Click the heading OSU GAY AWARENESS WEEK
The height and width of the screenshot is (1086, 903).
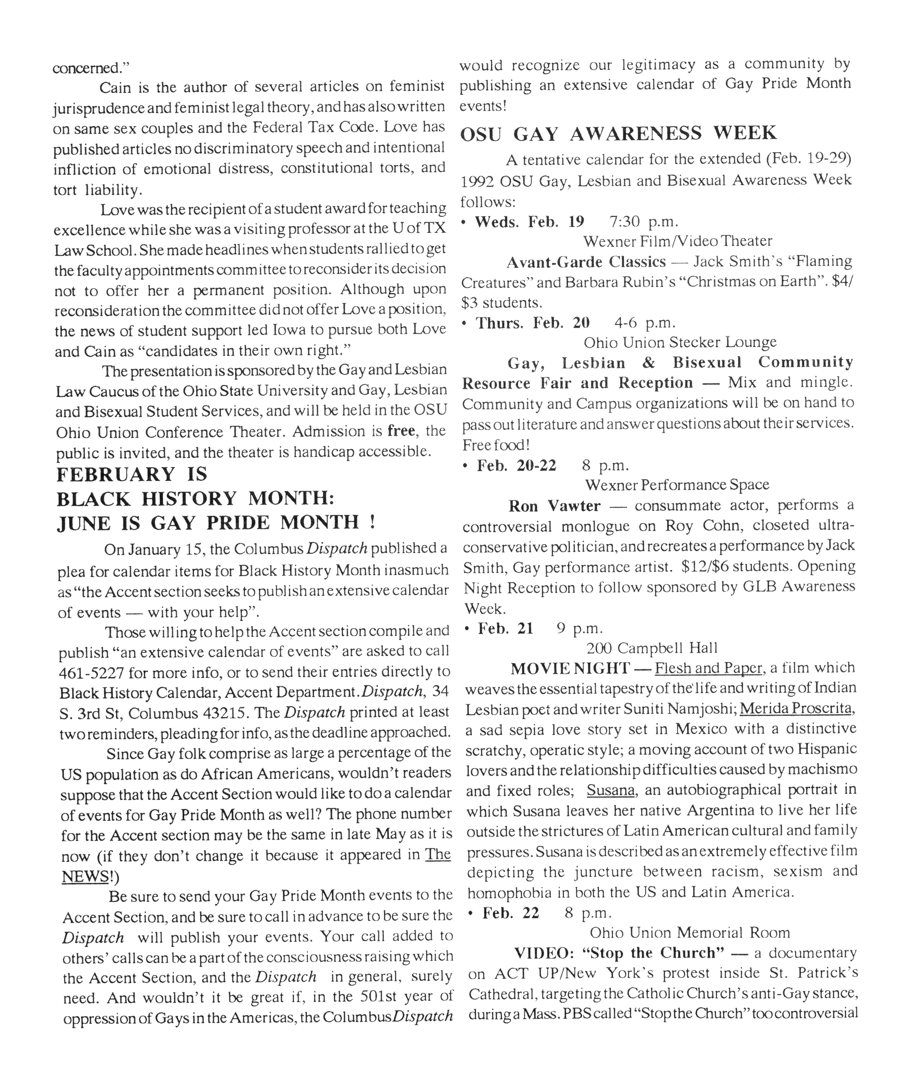(x=618, y=134)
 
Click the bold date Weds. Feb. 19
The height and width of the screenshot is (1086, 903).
(x=530, y=222)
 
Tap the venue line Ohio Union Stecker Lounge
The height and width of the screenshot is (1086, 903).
(x=680, y=342)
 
